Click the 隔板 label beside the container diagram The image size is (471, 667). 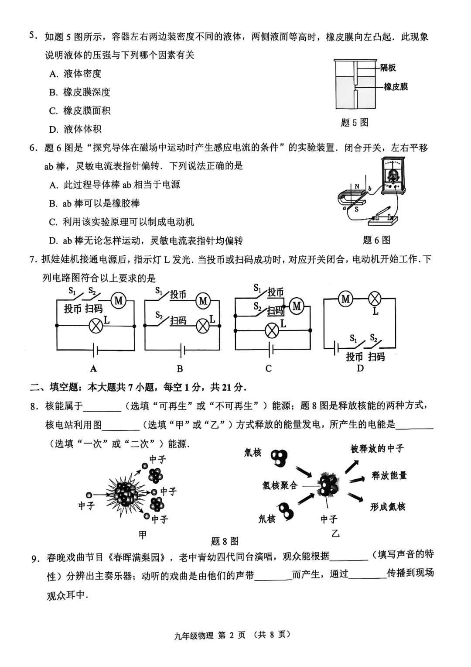point(388,68)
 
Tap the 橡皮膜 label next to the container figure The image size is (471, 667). point(396,87)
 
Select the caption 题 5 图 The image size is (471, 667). point(355,123)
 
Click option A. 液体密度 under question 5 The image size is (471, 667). point(75,74)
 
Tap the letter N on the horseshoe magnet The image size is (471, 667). point(357,187)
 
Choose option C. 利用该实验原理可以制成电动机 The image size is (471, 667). point(122,222)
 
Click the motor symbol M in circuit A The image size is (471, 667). point(118,300)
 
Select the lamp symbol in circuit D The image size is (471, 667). point(375,299)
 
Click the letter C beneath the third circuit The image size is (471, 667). point(269,368)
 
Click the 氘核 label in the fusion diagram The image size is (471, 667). point(253,453)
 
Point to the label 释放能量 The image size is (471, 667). point(389,475)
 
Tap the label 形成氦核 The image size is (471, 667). point(388,507)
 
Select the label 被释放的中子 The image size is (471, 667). point(377,449)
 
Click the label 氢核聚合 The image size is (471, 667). point(280,485)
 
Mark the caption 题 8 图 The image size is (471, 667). point(225,541)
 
